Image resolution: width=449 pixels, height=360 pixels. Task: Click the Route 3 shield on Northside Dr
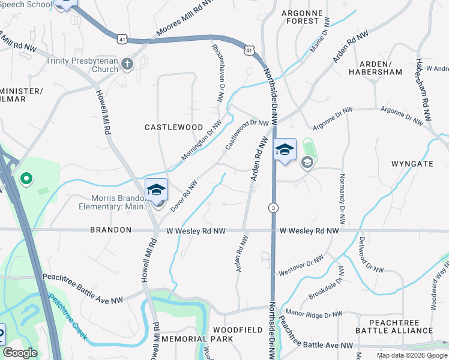point(273,208)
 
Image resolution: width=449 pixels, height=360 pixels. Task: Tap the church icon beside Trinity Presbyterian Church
point(127,64)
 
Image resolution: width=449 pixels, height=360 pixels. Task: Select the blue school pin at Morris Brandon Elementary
point(156,191)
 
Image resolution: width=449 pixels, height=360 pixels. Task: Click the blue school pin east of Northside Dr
point(285,150)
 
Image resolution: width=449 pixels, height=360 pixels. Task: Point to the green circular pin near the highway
point(26,178)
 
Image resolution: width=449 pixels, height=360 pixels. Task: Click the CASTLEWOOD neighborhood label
point(166,127)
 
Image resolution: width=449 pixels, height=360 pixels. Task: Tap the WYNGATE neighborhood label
point(412,163)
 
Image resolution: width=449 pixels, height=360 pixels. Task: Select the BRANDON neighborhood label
point(111,230)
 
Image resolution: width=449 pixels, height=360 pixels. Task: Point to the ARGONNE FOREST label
point(302,17)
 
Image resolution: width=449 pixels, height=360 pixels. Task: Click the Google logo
point(20,353)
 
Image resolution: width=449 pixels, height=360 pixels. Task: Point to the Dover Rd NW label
point(184,196)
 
